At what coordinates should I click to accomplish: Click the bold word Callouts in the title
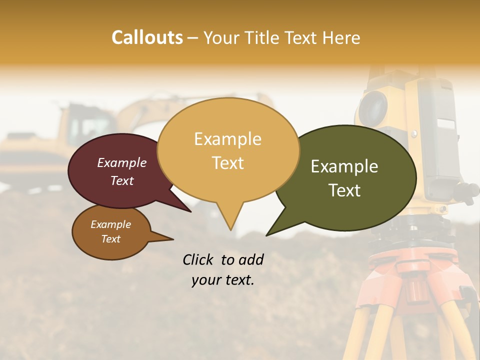coord(147,37)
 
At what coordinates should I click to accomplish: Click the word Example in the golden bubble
coord(227,138)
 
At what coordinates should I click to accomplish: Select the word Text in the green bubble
coord(344,190)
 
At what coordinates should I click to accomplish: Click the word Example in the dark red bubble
coord(121,162)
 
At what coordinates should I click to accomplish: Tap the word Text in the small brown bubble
coord(110,239)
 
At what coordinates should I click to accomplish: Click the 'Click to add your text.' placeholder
coord(222,269)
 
